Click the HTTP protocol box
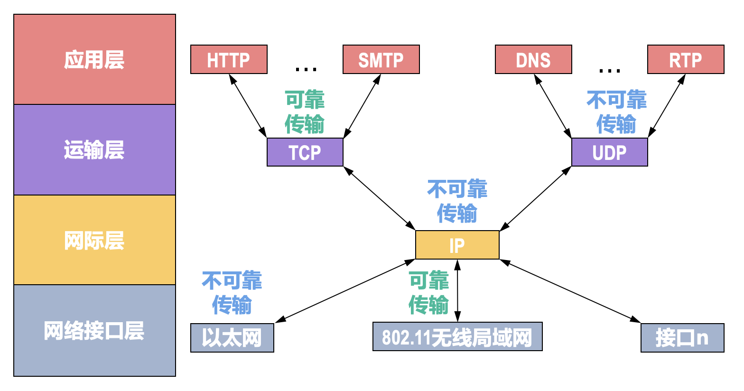(x=229, y=60)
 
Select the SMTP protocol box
(x=381, y=60)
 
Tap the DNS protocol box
(x=533, y=60)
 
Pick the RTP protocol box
(x=686, y=60)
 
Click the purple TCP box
(x=305, y=152)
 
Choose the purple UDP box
(x=609, y=152)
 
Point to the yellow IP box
(x=457, y=245)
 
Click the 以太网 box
(x=232, y=338)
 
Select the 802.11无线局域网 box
(x=457, y=337)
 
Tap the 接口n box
(x=682, y=338)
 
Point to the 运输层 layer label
(x=94, y=150)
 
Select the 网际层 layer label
(x=94, y=241)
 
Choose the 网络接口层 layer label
(x=94, y=331)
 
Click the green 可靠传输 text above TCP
(x=305, y=112)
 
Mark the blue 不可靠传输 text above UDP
(x=616, y=112)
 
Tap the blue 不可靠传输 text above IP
(x=457, y=201)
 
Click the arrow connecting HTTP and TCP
(x=248, y=106)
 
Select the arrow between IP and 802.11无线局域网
(x=457, y=290)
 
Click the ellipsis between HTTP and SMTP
(x=306, y=70)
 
